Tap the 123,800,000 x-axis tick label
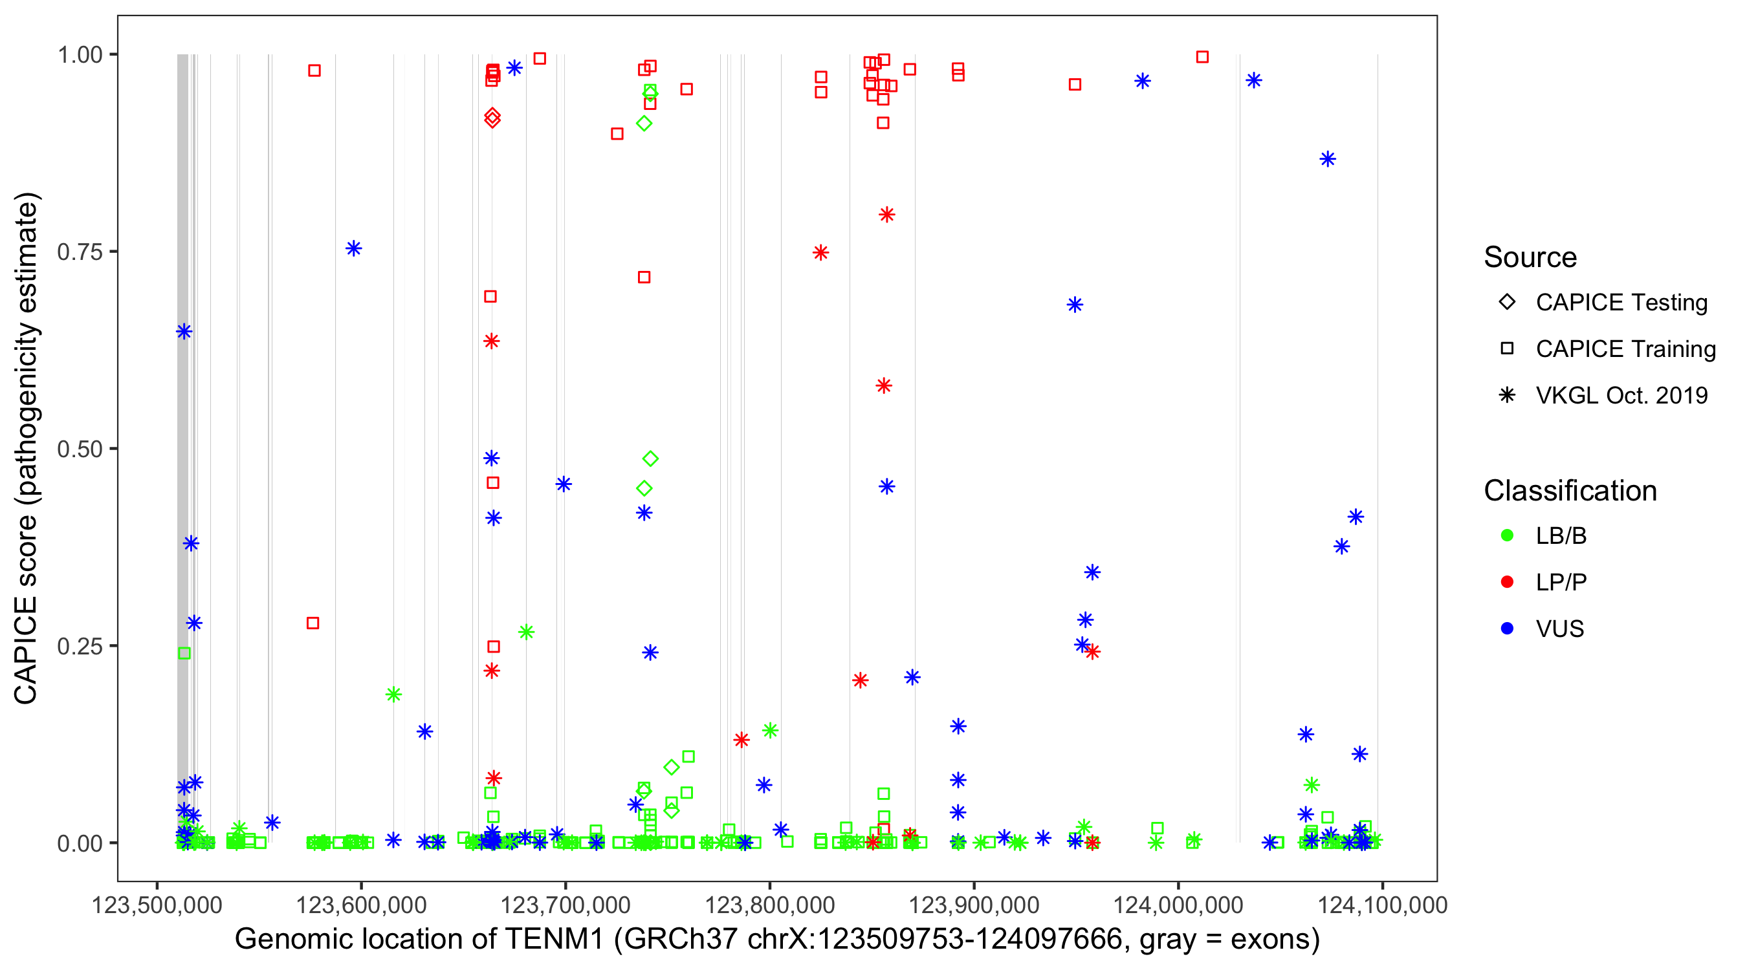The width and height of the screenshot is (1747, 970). click(x=769, y=905)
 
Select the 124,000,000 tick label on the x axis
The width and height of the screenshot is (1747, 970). click(x=1178, y=905)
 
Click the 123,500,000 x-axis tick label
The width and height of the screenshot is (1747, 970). click(x=157, y=905)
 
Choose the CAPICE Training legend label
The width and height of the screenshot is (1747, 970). click(x=1625, y=349)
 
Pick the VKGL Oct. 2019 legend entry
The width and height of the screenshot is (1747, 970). click(x=1621, y=395)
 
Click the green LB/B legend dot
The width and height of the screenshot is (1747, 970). click(x=1507, y=535)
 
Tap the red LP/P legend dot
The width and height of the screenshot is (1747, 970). click(x=1507, y=582)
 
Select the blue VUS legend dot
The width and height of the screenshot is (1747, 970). click(x=1507, y=629)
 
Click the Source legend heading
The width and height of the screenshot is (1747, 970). click(x=1530, y=257)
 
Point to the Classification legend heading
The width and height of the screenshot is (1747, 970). click(x=1570, y=491)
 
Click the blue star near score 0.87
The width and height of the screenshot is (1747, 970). click(x=1327, y=159)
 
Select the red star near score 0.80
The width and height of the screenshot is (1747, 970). click(x=886, y=215)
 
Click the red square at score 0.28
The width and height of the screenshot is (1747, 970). click(x=313, y=623)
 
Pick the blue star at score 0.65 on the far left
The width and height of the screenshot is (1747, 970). click(x=184, y=332)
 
